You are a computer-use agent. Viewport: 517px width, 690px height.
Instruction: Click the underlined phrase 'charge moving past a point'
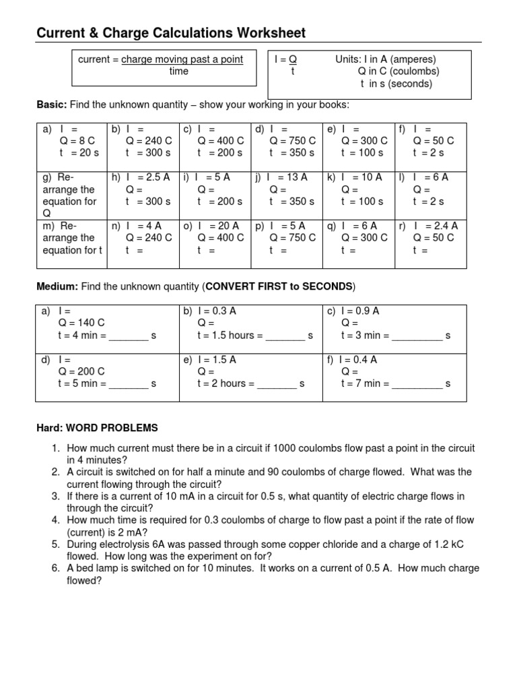(182, 59)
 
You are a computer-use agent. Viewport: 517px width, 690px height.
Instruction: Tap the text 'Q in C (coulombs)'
(399, 71)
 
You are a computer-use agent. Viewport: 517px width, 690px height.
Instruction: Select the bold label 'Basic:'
(51, 105)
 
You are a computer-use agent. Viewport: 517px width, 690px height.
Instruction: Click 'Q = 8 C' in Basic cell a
(77, 141)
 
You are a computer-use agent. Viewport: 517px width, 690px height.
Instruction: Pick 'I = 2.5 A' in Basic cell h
(147, 177)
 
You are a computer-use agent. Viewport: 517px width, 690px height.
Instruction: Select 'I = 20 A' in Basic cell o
(217, 226)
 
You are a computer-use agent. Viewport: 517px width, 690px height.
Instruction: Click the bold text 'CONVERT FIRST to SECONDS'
(279, 286)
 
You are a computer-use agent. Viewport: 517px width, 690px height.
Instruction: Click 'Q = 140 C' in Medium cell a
(81, 323)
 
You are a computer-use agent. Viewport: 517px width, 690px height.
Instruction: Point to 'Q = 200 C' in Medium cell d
(81, 371)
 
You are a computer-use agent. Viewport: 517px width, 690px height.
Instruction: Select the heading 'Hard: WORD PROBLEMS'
(97, 428)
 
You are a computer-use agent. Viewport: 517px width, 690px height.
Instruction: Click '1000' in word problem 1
(302, 448)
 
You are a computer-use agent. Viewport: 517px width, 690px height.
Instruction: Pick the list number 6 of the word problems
(56, 568)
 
